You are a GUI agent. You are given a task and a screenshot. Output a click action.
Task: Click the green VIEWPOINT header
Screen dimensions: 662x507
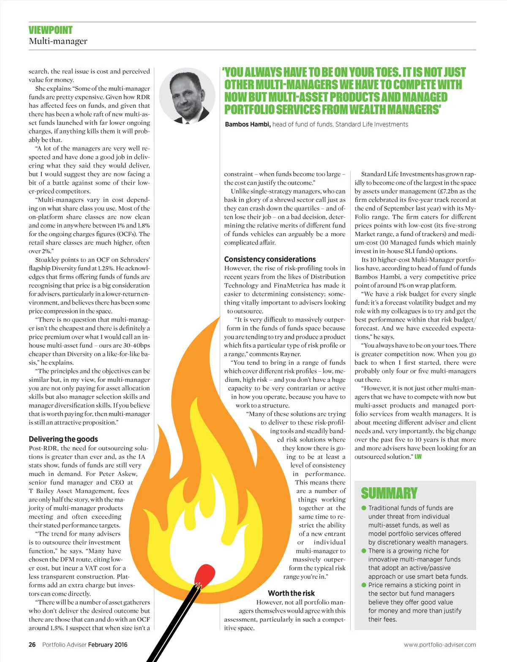51,30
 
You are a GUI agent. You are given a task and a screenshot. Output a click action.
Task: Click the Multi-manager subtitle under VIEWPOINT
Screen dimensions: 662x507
58,41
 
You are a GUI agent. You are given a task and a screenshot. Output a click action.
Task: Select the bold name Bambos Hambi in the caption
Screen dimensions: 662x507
248,125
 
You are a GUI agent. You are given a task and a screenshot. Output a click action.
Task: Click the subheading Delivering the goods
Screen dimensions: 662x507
63,439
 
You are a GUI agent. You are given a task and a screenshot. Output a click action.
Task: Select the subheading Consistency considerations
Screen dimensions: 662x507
270,259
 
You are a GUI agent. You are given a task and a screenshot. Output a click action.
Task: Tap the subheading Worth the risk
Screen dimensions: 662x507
291,593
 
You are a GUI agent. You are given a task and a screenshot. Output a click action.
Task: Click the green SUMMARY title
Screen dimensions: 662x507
389,493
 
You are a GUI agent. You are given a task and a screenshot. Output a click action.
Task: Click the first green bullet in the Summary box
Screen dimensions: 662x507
364,508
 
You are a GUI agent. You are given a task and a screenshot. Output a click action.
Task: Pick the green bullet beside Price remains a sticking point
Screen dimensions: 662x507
364,585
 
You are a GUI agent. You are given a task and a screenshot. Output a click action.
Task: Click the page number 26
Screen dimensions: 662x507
32,645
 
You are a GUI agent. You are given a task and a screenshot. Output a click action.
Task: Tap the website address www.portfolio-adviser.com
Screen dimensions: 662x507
439,645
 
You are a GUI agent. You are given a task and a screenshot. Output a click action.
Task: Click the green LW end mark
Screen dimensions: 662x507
418,457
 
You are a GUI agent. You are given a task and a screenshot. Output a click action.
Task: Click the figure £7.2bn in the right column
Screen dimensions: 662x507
441,191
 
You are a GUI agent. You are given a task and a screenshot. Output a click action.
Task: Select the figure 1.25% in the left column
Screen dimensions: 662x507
106,268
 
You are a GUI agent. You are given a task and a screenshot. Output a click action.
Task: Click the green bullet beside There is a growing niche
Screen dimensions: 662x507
364,551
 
